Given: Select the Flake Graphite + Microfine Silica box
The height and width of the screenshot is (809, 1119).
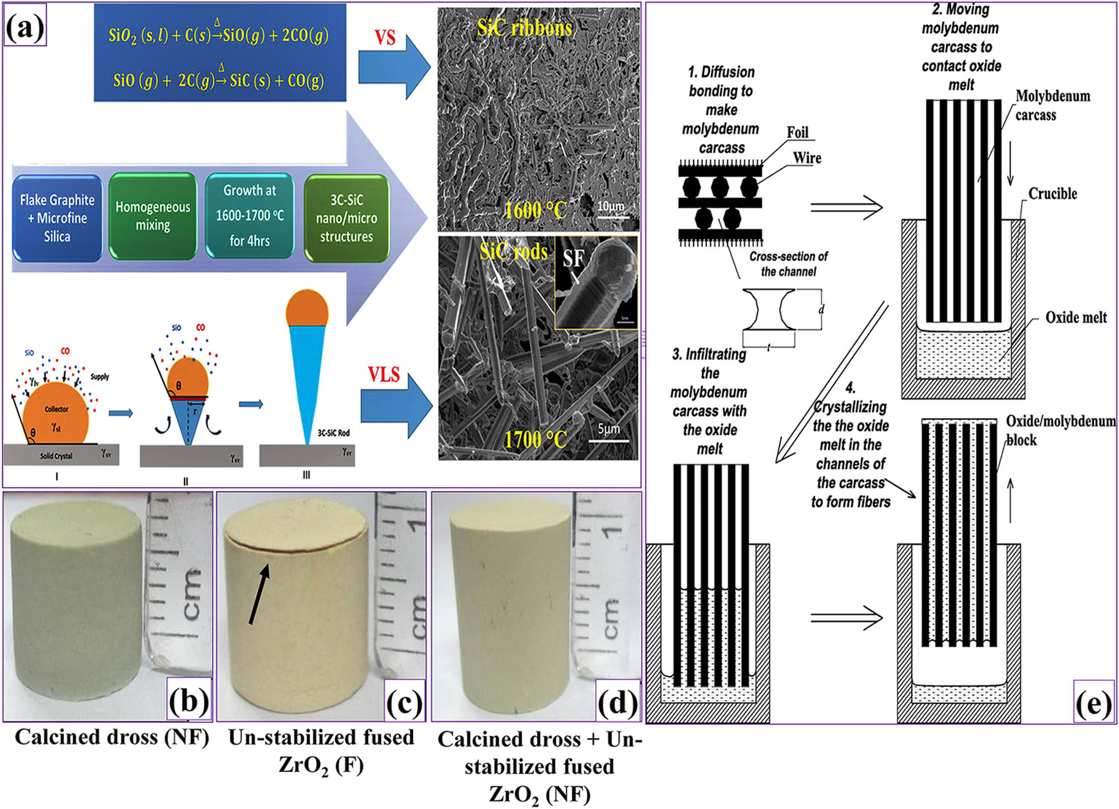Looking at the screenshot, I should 57,218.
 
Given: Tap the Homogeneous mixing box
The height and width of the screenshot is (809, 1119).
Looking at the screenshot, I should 153,216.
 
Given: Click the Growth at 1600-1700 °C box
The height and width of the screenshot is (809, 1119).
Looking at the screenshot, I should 250,216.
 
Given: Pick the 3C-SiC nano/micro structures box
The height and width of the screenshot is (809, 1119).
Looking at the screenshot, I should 346,218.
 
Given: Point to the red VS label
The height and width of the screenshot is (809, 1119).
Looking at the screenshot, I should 385,38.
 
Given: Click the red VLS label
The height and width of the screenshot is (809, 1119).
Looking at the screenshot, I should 384,374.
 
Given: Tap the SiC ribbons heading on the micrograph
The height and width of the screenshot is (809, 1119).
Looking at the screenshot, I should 524,27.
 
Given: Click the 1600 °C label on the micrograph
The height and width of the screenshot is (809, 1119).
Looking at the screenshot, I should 535,211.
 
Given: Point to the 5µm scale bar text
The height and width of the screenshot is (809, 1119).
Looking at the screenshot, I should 608,429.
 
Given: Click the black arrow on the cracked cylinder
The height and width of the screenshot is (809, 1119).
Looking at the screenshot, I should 259,593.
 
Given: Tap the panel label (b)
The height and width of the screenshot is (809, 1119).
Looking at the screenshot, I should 189,700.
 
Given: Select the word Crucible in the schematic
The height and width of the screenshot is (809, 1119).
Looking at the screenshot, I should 1052,194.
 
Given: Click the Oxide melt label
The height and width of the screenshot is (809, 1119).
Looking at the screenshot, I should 1075,317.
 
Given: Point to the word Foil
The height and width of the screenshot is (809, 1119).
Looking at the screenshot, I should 797,133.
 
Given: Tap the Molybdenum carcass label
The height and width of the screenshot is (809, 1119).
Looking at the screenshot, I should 1052,105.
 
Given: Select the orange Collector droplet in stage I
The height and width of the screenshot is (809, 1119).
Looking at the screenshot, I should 56,413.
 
